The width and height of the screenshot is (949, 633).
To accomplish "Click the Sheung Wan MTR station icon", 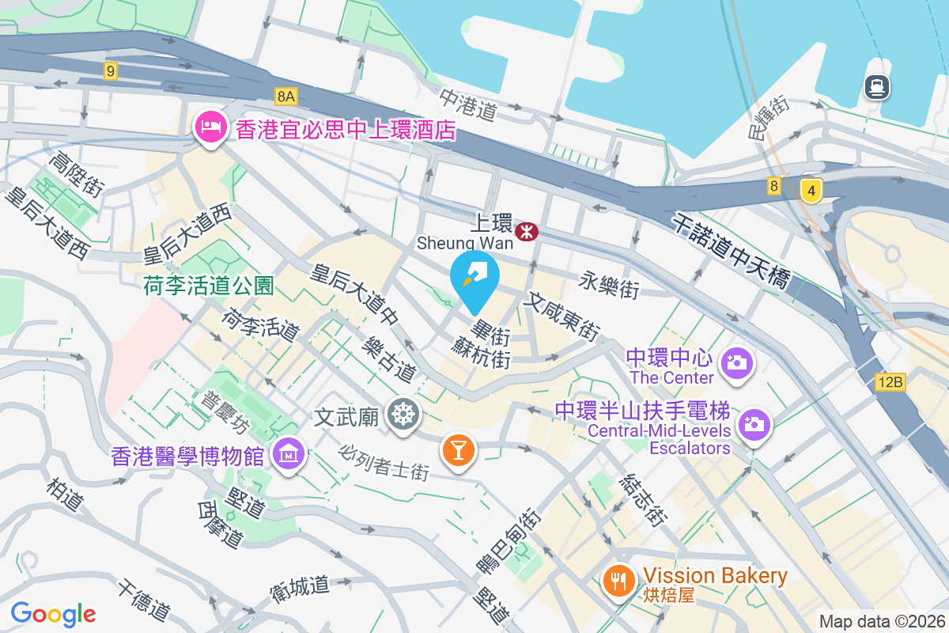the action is coord(526,231).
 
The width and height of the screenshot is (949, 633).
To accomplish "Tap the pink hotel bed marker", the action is coord(210,127).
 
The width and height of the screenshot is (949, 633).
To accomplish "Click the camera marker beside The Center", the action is coord(737,363).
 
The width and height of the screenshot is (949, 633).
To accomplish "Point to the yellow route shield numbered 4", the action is coord(811,190).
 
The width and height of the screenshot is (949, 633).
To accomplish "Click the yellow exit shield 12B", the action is coord(890,383).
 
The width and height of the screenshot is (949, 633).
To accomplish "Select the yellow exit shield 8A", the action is coord(285,97).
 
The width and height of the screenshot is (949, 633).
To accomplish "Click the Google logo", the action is coord(53,613).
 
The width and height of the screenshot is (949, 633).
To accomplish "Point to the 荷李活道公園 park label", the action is coord(209,286).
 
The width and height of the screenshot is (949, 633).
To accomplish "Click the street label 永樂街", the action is coord(609,286).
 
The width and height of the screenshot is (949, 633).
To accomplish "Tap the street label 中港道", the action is coord(468,104).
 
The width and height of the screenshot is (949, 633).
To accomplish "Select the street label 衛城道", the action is coord(299,586).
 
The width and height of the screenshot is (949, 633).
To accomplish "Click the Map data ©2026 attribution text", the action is coord(882,621).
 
